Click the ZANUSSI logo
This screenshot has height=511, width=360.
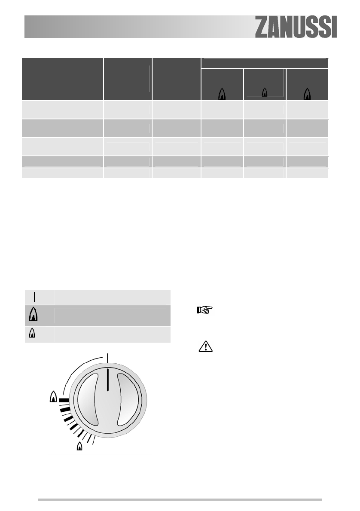[x=296, y=27]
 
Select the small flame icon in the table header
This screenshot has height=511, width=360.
[x=265, y=93]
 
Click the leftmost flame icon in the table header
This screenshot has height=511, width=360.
[x=222, y=94]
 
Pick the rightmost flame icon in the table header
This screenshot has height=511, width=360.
[x=307, y=94]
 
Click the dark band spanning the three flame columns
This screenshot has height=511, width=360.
[x=265, y=63]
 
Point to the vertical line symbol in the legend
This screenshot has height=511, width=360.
[x=34, y=297]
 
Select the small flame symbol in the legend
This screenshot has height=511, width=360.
[x=32, y=333]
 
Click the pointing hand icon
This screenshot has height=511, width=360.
[x=205, y=310]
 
